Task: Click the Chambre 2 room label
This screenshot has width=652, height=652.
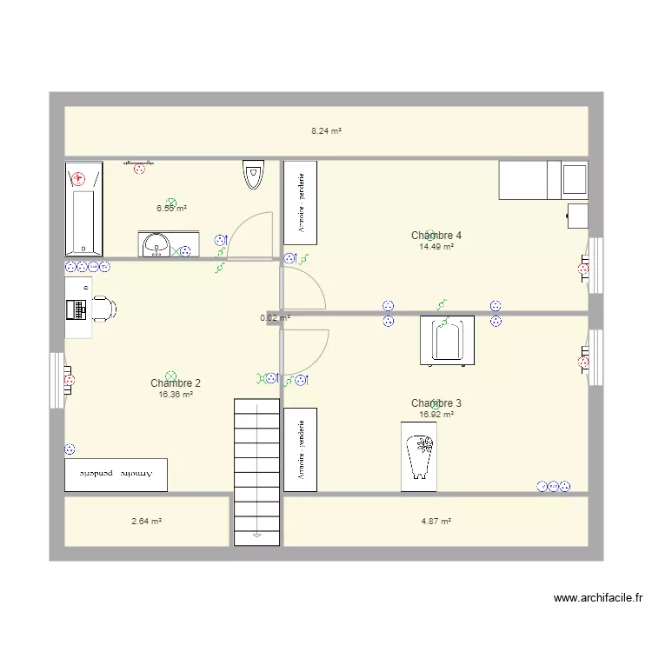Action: click(176, 383)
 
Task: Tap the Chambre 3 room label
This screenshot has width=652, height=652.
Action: click(436, 403)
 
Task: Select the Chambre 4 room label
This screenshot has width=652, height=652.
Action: click(436, 236)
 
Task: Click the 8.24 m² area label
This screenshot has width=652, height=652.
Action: click(326, 131)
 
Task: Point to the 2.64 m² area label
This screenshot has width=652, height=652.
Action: click(147, 522)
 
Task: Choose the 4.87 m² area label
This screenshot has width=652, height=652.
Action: click(436, 522)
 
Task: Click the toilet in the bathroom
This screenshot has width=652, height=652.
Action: click(253, 175)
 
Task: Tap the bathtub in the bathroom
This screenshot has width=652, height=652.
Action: click(83, 210)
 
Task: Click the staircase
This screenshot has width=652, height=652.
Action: click(256, 469)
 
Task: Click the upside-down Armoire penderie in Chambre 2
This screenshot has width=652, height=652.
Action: click(116, 474)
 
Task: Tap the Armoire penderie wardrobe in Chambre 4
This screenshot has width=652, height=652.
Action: click(300, 203)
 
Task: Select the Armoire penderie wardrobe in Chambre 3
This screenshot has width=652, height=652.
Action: click(300, 449)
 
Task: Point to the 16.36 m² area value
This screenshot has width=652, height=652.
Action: click(176, 395)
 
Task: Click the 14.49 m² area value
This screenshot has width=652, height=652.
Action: click(436, 247)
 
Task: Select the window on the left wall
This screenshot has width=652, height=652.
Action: click(57, 380)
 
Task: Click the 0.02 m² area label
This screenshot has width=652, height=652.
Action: click(275, 318)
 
